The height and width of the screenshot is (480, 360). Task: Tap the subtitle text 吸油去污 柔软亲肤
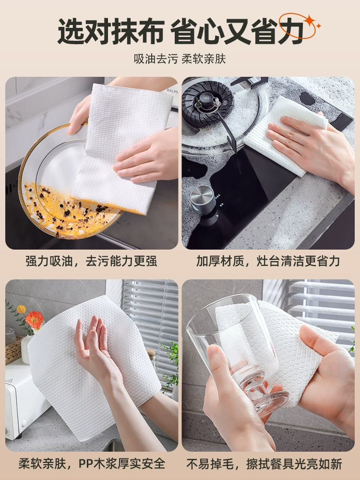tap(180, 59)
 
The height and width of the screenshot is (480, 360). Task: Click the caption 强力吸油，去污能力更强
tap(91, 261)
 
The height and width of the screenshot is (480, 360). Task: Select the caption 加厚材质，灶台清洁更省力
tap(268, 261)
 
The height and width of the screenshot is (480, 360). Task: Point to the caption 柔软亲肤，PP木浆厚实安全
tap(92, 464)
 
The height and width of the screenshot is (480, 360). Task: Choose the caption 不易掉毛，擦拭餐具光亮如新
tap(264, 464)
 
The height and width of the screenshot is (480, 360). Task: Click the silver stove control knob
tap(203, 199)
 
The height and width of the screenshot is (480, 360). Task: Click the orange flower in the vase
tap(34, 320)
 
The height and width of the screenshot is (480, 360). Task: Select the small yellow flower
tap(22, 309)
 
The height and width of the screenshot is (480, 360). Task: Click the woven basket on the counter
tap(13, 350)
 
